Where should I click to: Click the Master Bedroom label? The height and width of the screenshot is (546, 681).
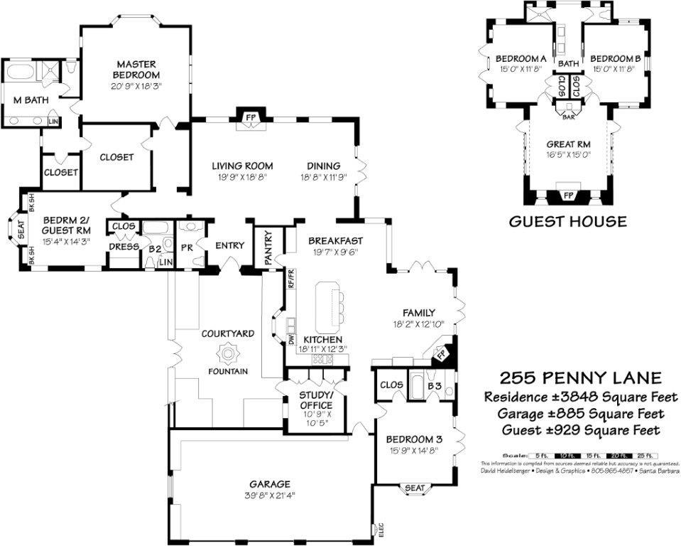(x=136, y=70)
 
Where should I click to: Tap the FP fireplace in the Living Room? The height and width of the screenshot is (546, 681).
(x=250, y=117)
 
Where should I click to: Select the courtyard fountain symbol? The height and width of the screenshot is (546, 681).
(x=229, y=353)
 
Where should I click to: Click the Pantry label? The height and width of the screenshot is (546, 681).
(x=269, y=247)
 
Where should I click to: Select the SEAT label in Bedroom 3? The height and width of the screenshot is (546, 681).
(x=415, y=488)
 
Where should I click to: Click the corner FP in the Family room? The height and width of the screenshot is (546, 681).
(x=440, y=353)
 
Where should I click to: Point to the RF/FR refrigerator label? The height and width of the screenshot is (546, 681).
(x=291, y=279)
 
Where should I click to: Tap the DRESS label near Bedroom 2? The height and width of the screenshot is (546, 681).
(x=123, y=247)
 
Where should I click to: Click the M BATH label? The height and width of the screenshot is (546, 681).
(x=31, y=100)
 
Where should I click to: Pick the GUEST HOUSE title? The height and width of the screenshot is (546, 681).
(x=567, y=221)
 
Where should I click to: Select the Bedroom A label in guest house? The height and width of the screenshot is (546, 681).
(x=521, y=58)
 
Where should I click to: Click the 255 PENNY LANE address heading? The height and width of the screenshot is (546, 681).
(x=580, y=378)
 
